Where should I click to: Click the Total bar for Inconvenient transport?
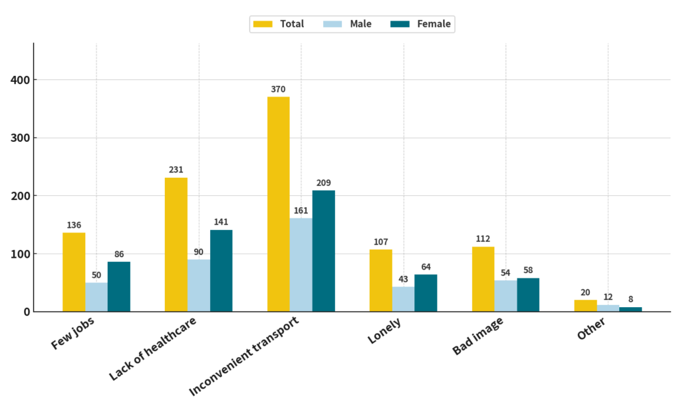[x=278, y=204]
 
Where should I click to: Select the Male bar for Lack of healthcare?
[x=199, y=285]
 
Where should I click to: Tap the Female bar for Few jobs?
[x=119, y=286]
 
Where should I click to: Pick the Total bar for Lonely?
[x=380, y=280]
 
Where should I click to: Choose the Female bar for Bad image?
[x=528, y=294]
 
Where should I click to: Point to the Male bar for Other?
[x=608, y=308]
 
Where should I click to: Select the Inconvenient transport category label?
[x=244, y=356]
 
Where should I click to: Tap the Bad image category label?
[x=477, y=337]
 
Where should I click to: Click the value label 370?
[x=278, y=89]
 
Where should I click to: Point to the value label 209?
[x=324, y=183]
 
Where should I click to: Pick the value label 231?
[x=176, y=170]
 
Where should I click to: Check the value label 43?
[x=403, y=278]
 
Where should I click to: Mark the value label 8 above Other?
[x=630, y=299]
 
